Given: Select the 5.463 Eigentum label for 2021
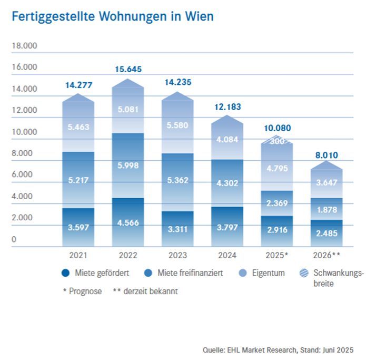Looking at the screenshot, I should (78, 127).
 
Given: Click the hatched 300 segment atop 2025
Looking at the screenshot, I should (276, 141).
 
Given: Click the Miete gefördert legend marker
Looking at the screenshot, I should (65, 273).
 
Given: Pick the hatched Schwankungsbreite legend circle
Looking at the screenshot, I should (304, 273).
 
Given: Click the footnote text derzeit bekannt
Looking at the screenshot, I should (151, 291).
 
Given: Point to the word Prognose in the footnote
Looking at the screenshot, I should (85, 291).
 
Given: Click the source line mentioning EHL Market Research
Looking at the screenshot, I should (278, 349).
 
